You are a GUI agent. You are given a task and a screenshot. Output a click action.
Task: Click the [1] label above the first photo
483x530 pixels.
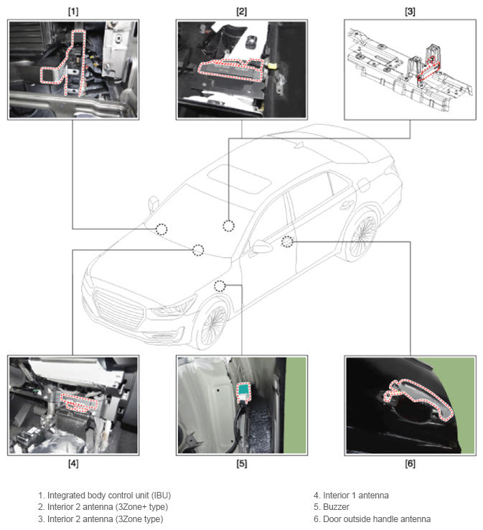[x=73, y=11]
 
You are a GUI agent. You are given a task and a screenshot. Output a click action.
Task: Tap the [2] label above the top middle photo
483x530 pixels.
[x=241, y=11]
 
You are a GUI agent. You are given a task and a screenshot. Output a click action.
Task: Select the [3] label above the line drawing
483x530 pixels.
[x=410, y=11]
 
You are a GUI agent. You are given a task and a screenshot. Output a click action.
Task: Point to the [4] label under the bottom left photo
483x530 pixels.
[x=73, y=463]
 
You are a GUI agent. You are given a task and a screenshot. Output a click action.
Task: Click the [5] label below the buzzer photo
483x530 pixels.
[x=241, y=463]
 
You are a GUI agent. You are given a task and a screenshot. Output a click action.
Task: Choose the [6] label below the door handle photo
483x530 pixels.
[x=410, y=463]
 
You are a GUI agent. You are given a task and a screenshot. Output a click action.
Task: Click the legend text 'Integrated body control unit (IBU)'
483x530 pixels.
[x=109, y=496]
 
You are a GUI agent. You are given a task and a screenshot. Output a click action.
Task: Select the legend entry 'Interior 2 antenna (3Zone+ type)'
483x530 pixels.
[x=108, y=507]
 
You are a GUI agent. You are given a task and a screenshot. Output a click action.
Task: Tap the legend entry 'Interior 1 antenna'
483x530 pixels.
[x=356, y=496]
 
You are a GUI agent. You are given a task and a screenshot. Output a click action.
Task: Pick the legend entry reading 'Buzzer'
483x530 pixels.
[x=336, y=507]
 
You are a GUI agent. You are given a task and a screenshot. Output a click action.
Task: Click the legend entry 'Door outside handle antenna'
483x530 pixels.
[x=377, y=519]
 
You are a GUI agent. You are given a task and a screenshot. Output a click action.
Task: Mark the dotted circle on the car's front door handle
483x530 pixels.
[x=287, y=242]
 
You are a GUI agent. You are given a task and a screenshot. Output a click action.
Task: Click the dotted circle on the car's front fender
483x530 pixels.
[x=220, y=287]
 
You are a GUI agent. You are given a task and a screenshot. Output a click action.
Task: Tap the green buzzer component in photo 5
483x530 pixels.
[x=243, y=391]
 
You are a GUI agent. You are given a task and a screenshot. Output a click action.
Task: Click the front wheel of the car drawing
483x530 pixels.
[x=212, y=325]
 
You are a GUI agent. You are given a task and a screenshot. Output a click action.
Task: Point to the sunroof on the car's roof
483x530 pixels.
[x=239, y=177]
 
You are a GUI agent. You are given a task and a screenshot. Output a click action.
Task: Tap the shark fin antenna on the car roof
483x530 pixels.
[x=299, y=144]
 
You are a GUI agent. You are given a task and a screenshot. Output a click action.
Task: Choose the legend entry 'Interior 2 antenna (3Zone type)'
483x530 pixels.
[x=105, y=519]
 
